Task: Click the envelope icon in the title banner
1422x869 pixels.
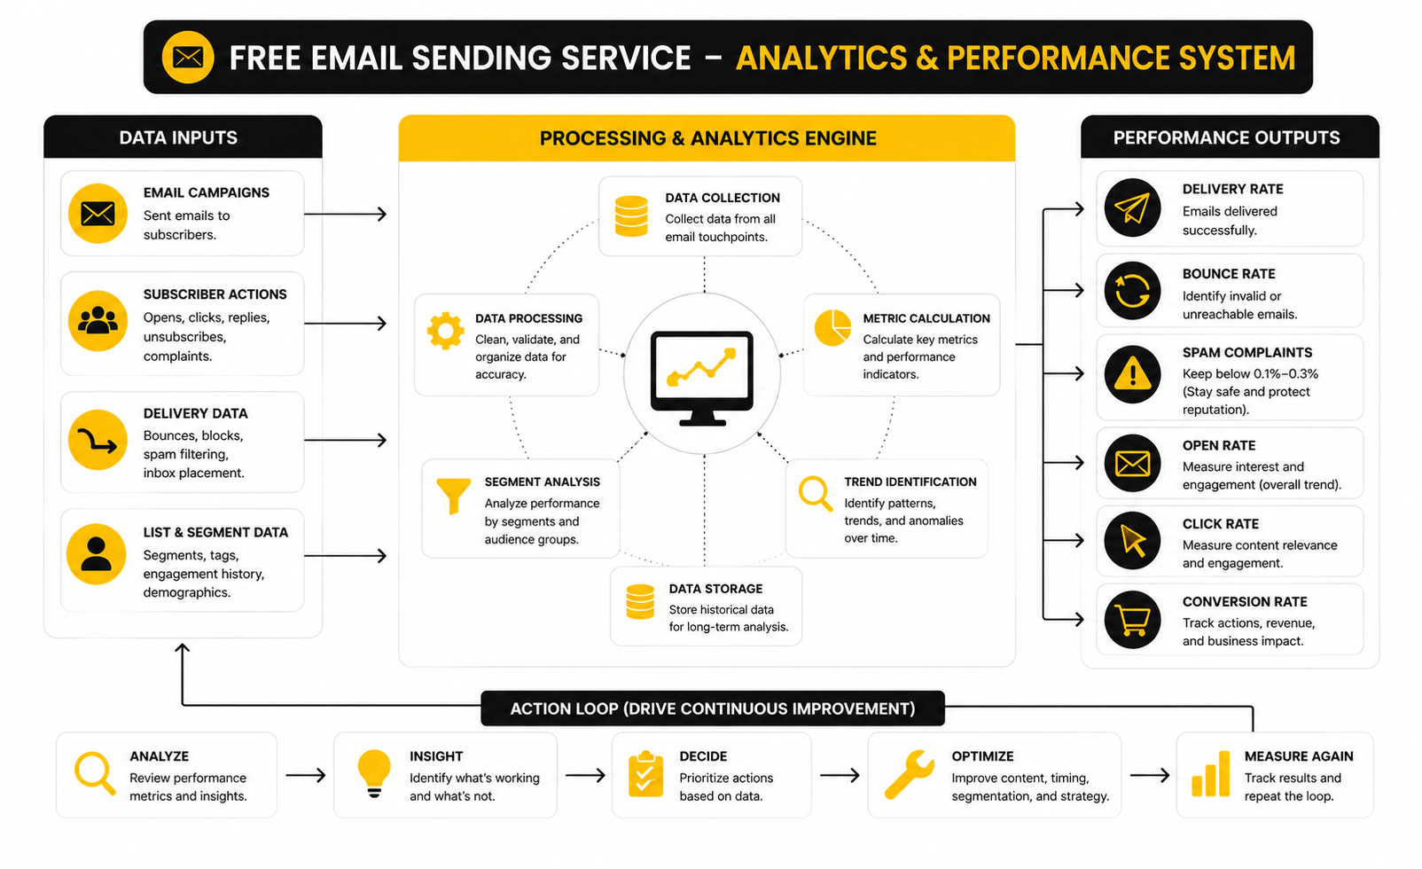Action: (x=188, y=58)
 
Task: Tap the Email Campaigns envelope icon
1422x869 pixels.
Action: (x=98, y=214)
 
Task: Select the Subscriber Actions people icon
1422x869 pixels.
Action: (x=98, y=321)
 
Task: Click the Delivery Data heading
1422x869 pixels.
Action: (x=195, y=413)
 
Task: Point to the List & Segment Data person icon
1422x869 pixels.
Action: (x=97, y=554)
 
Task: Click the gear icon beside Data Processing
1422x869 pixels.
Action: (x=445, y=331)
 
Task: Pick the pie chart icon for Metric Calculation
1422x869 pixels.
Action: (x=832, y=328)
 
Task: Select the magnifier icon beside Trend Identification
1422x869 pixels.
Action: (x=815, y=493)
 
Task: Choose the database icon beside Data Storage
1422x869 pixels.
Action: (x=640, y=602)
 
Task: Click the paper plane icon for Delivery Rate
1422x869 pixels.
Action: (x=1132, y=208)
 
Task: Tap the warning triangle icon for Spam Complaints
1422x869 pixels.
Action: (x=1132, y=374)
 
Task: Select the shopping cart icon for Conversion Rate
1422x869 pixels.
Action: (x=1132, y=620)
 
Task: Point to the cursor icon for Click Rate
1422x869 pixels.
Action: (x=1132, y=540)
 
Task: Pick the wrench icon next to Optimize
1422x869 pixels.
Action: (x=909, y=774)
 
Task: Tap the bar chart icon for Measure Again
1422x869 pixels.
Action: (x=1210, y=774)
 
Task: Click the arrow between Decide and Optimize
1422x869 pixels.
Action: (x=840, y=775)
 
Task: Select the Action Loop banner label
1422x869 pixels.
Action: (x=712, y=709)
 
